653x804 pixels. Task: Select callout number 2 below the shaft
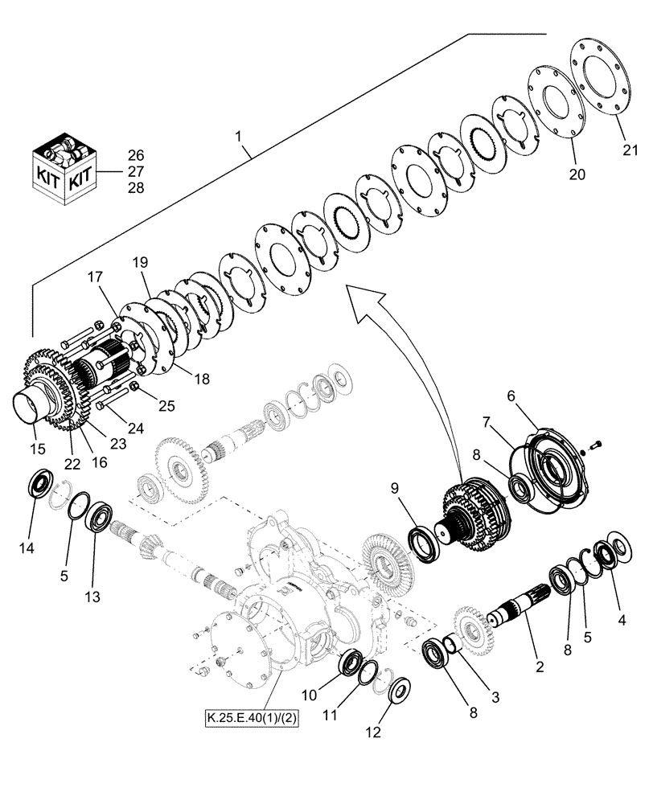click(x=540, y=666)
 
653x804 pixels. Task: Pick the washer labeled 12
click(x=399, y=689)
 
